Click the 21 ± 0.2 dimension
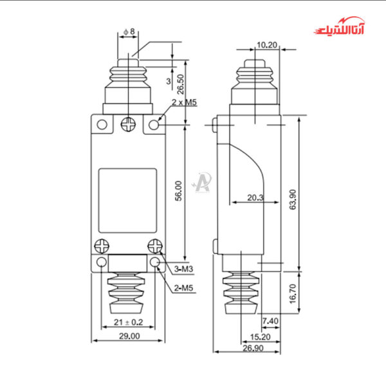(x=127, y=322)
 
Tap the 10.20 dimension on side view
(x=266, y=44)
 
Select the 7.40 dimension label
(x=270, y=320)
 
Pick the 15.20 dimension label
(x=259, y=336)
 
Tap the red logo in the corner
(x=342, y=29)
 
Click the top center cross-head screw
(x=128, y=124)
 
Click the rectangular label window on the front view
(x=127, y=201)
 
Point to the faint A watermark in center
(x=204, y=181)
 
